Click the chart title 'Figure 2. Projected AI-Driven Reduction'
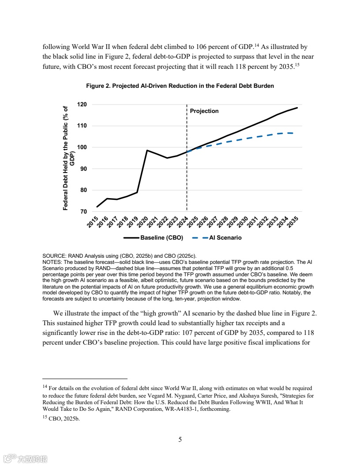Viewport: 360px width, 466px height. coord(180,86)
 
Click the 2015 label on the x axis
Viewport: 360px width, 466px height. coord(92,222)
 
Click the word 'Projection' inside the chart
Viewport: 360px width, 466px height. coord(204,111)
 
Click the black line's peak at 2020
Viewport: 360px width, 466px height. coord(147,150)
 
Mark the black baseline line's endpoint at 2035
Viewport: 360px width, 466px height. coord(297,108)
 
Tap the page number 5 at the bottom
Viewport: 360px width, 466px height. coord(180,439)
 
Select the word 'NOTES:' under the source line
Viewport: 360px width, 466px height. coord(52,262)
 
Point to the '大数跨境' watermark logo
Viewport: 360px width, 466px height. coord(26,458)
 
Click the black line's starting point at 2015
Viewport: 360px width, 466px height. coord(97,207)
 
